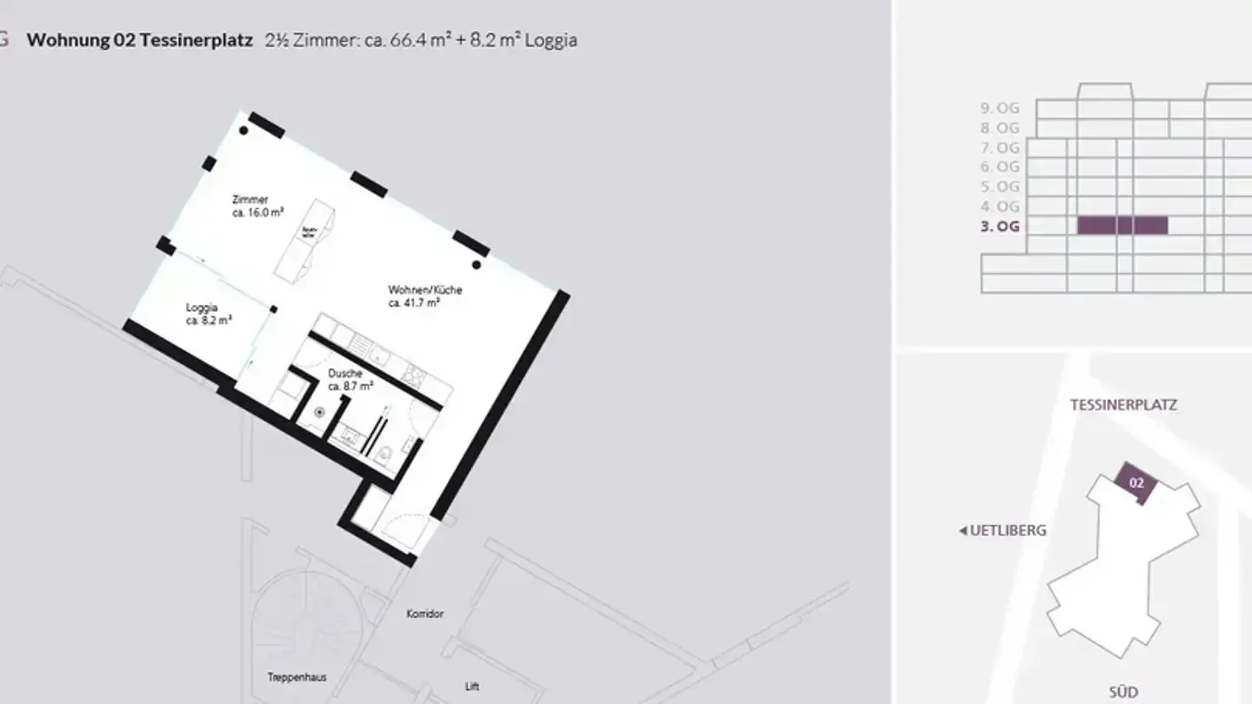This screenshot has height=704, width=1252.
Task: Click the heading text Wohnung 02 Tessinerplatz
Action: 139,40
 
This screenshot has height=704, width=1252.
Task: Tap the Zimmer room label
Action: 250,200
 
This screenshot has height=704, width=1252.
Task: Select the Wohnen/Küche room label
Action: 424,289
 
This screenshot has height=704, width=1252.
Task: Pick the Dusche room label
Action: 345,374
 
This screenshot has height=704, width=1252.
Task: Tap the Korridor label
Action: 425,614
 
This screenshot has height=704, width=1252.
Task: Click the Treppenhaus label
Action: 296,677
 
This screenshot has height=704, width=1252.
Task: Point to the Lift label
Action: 472,686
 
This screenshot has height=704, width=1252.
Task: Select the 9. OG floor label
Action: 1000,108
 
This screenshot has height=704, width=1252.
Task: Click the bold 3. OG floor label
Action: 1000,227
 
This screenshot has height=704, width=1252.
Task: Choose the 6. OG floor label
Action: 1000,167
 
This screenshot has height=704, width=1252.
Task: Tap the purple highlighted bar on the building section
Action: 1122,226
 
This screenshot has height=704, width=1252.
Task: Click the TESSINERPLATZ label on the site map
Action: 1123,405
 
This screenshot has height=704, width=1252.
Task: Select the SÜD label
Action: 1123,693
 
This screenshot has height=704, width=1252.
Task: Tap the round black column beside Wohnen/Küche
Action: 476,264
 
